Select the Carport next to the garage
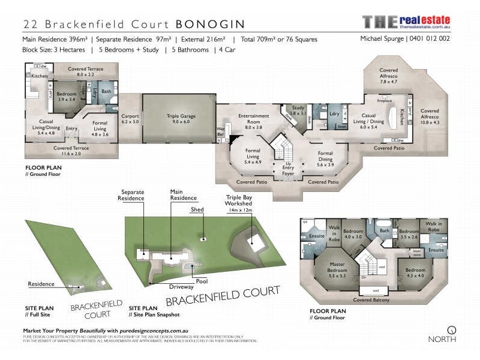[x=130, y=118]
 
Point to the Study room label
[x=298, y=110]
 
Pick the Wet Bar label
[x=221, y=131]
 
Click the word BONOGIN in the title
[x=210, y=24]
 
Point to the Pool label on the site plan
[x=202, y=281]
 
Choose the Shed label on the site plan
[x=197, y=210]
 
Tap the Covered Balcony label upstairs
[x=371, y=299]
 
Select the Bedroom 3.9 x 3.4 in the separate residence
[x=67, y=97]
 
